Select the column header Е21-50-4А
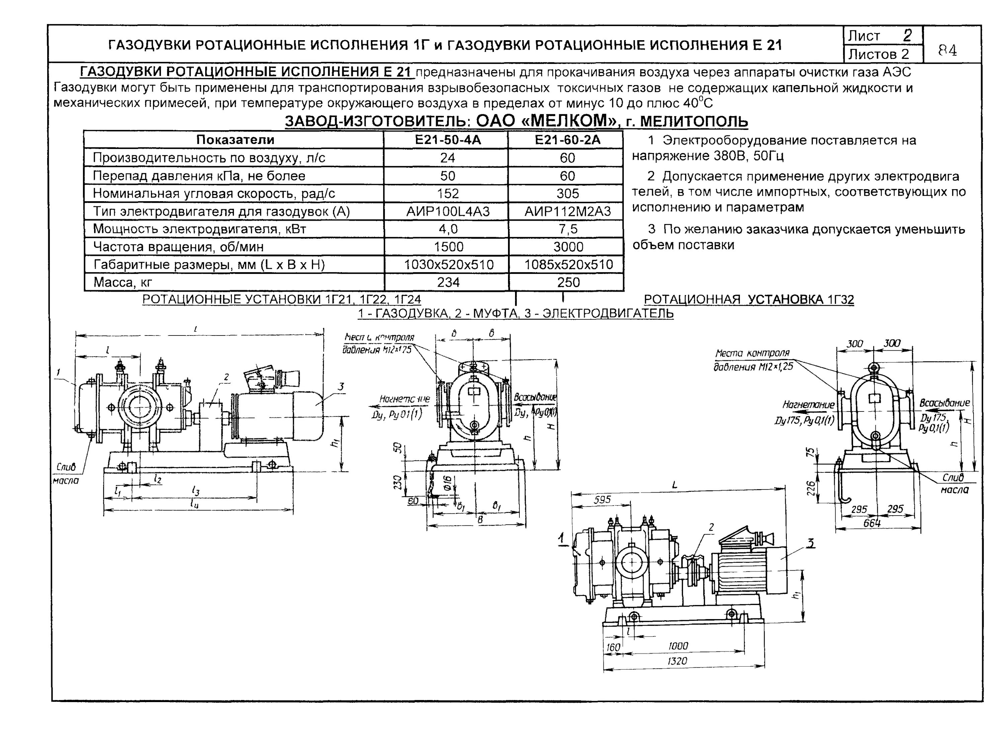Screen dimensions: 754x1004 [447, 140]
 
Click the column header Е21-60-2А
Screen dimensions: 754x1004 [567, 140]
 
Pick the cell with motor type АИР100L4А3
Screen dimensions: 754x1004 [447, 212]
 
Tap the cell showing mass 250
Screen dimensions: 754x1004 [568, 283]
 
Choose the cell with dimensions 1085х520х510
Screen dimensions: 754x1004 [568, 265]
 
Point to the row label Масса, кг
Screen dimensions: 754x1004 [122, 283]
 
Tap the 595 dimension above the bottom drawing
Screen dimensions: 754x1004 [602, 500]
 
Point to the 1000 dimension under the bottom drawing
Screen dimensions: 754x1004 [678, 646]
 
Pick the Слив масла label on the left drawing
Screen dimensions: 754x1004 [66, 474]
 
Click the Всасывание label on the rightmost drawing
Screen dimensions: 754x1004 [944, 403]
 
